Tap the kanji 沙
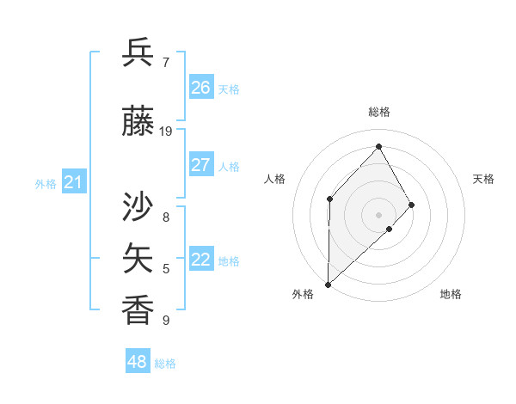click(138, 209)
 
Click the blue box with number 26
click(201, 88)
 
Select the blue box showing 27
click(201, 165)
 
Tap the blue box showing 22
click(201, 260)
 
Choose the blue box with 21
click(74, 182)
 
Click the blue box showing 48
click(138, 362)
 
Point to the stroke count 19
click(166, 132)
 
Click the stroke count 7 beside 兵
click(166, 62)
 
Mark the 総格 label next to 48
click(165, 364)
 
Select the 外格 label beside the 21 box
click(46, 184)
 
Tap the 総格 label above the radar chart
click(378, 112)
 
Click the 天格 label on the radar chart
click(483, 179)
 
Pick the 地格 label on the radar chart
click(451, 294)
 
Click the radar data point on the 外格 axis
click(328, 284)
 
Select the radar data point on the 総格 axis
click(378, 146)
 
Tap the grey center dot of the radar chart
click(378, 214)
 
